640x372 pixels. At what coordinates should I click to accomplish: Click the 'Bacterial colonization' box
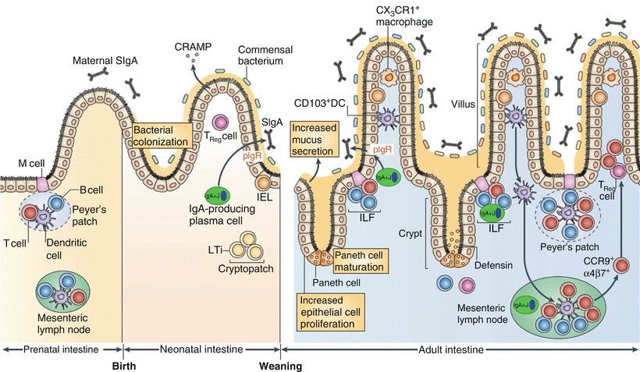coord(162,136)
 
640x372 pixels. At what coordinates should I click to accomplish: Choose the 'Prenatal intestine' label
coord(61,351)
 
